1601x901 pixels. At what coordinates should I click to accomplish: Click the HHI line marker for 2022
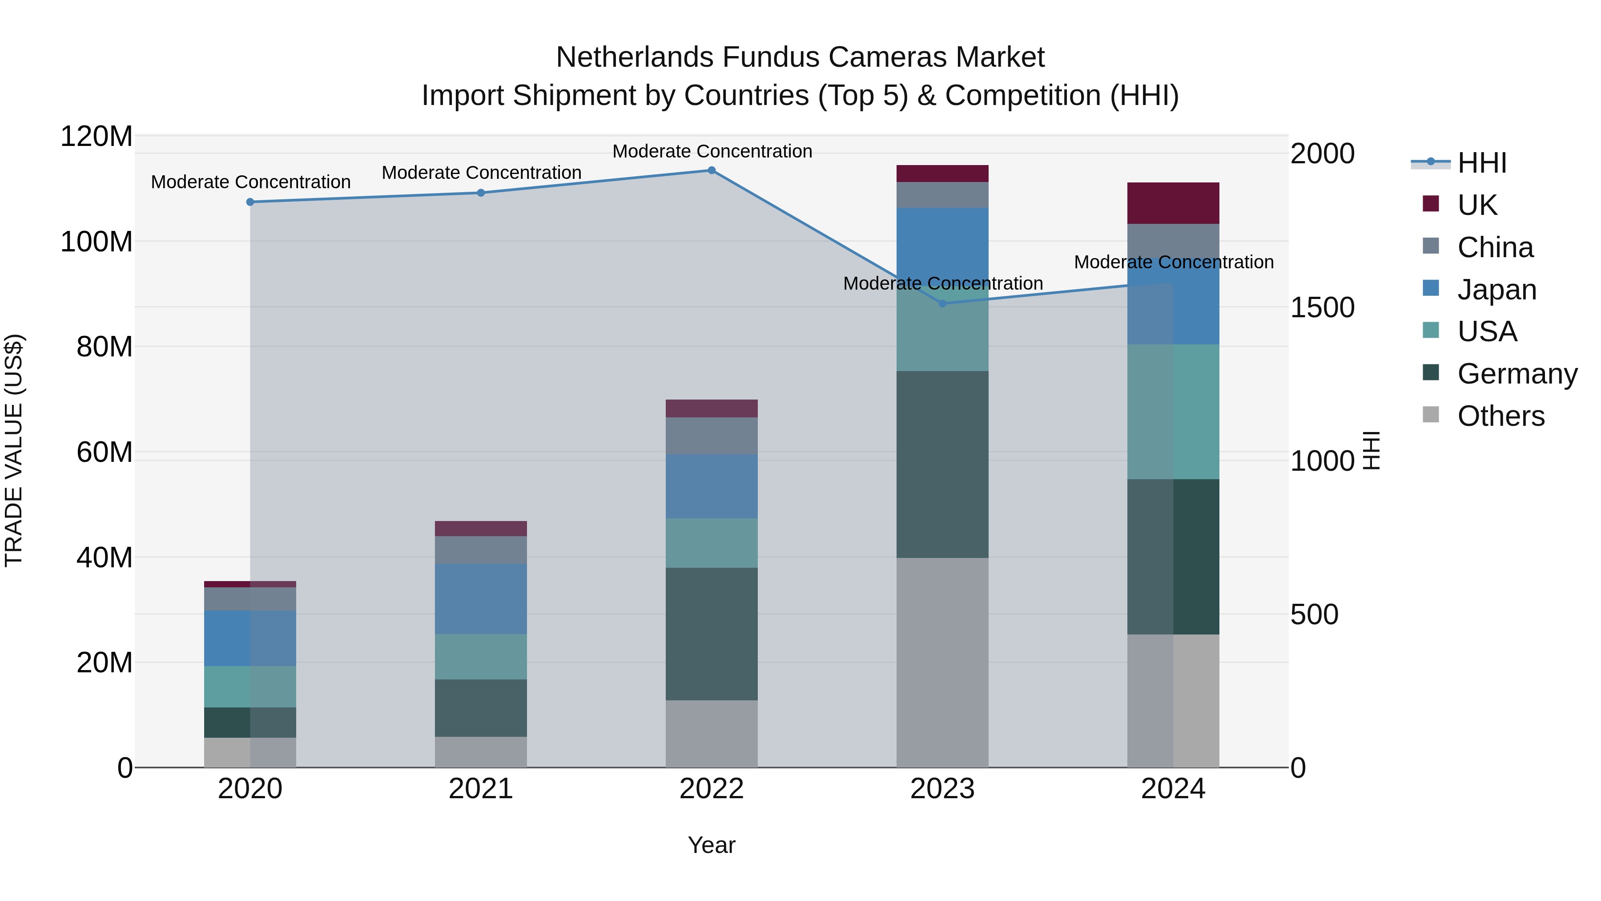[x=712, y=170]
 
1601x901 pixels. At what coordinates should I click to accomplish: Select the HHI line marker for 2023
[x=942, y=303]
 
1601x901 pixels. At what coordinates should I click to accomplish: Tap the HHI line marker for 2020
[x=250, y=202]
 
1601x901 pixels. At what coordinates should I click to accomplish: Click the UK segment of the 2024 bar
[x=1173, y=203]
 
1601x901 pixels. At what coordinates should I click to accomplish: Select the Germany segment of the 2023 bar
[x=942, y=464]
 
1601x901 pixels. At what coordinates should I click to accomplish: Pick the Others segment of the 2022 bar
[x=712, y=734]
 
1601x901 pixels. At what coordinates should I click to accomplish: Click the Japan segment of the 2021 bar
[x=480, y=599]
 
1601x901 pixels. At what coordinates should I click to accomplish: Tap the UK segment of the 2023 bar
[x=942, y=174]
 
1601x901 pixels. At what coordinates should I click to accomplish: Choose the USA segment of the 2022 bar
[x=712, y=543]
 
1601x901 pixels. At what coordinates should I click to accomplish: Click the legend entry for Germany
[x=1517, y=374]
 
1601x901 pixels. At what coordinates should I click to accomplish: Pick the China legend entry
[x=1495, y=247]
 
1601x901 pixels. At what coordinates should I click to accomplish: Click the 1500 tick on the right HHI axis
[x=1322, y=307]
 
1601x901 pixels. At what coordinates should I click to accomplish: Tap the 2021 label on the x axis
[x=480, y=789]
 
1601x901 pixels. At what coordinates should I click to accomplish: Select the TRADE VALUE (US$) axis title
[x=14, y=450]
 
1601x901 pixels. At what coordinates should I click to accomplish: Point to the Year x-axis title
[x=712, y=845]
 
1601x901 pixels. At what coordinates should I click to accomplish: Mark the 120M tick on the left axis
[x=97, y=136]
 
